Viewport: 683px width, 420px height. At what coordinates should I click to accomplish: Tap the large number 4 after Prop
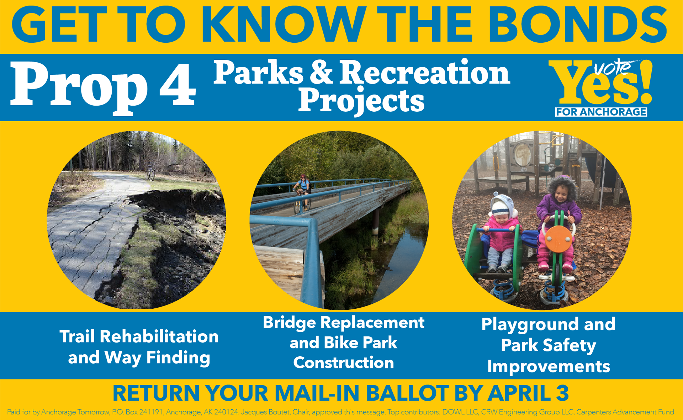coord(178,84)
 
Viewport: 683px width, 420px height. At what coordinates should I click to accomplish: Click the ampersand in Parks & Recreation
coord(322,72)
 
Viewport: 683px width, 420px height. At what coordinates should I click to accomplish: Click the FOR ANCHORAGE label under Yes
coord(601,112)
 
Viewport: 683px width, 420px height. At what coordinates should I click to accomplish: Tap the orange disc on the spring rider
coord(558,240)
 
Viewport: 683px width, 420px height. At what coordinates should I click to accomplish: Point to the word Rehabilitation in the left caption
coord(159,336)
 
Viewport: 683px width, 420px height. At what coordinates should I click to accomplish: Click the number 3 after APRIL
coord(562,393)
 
